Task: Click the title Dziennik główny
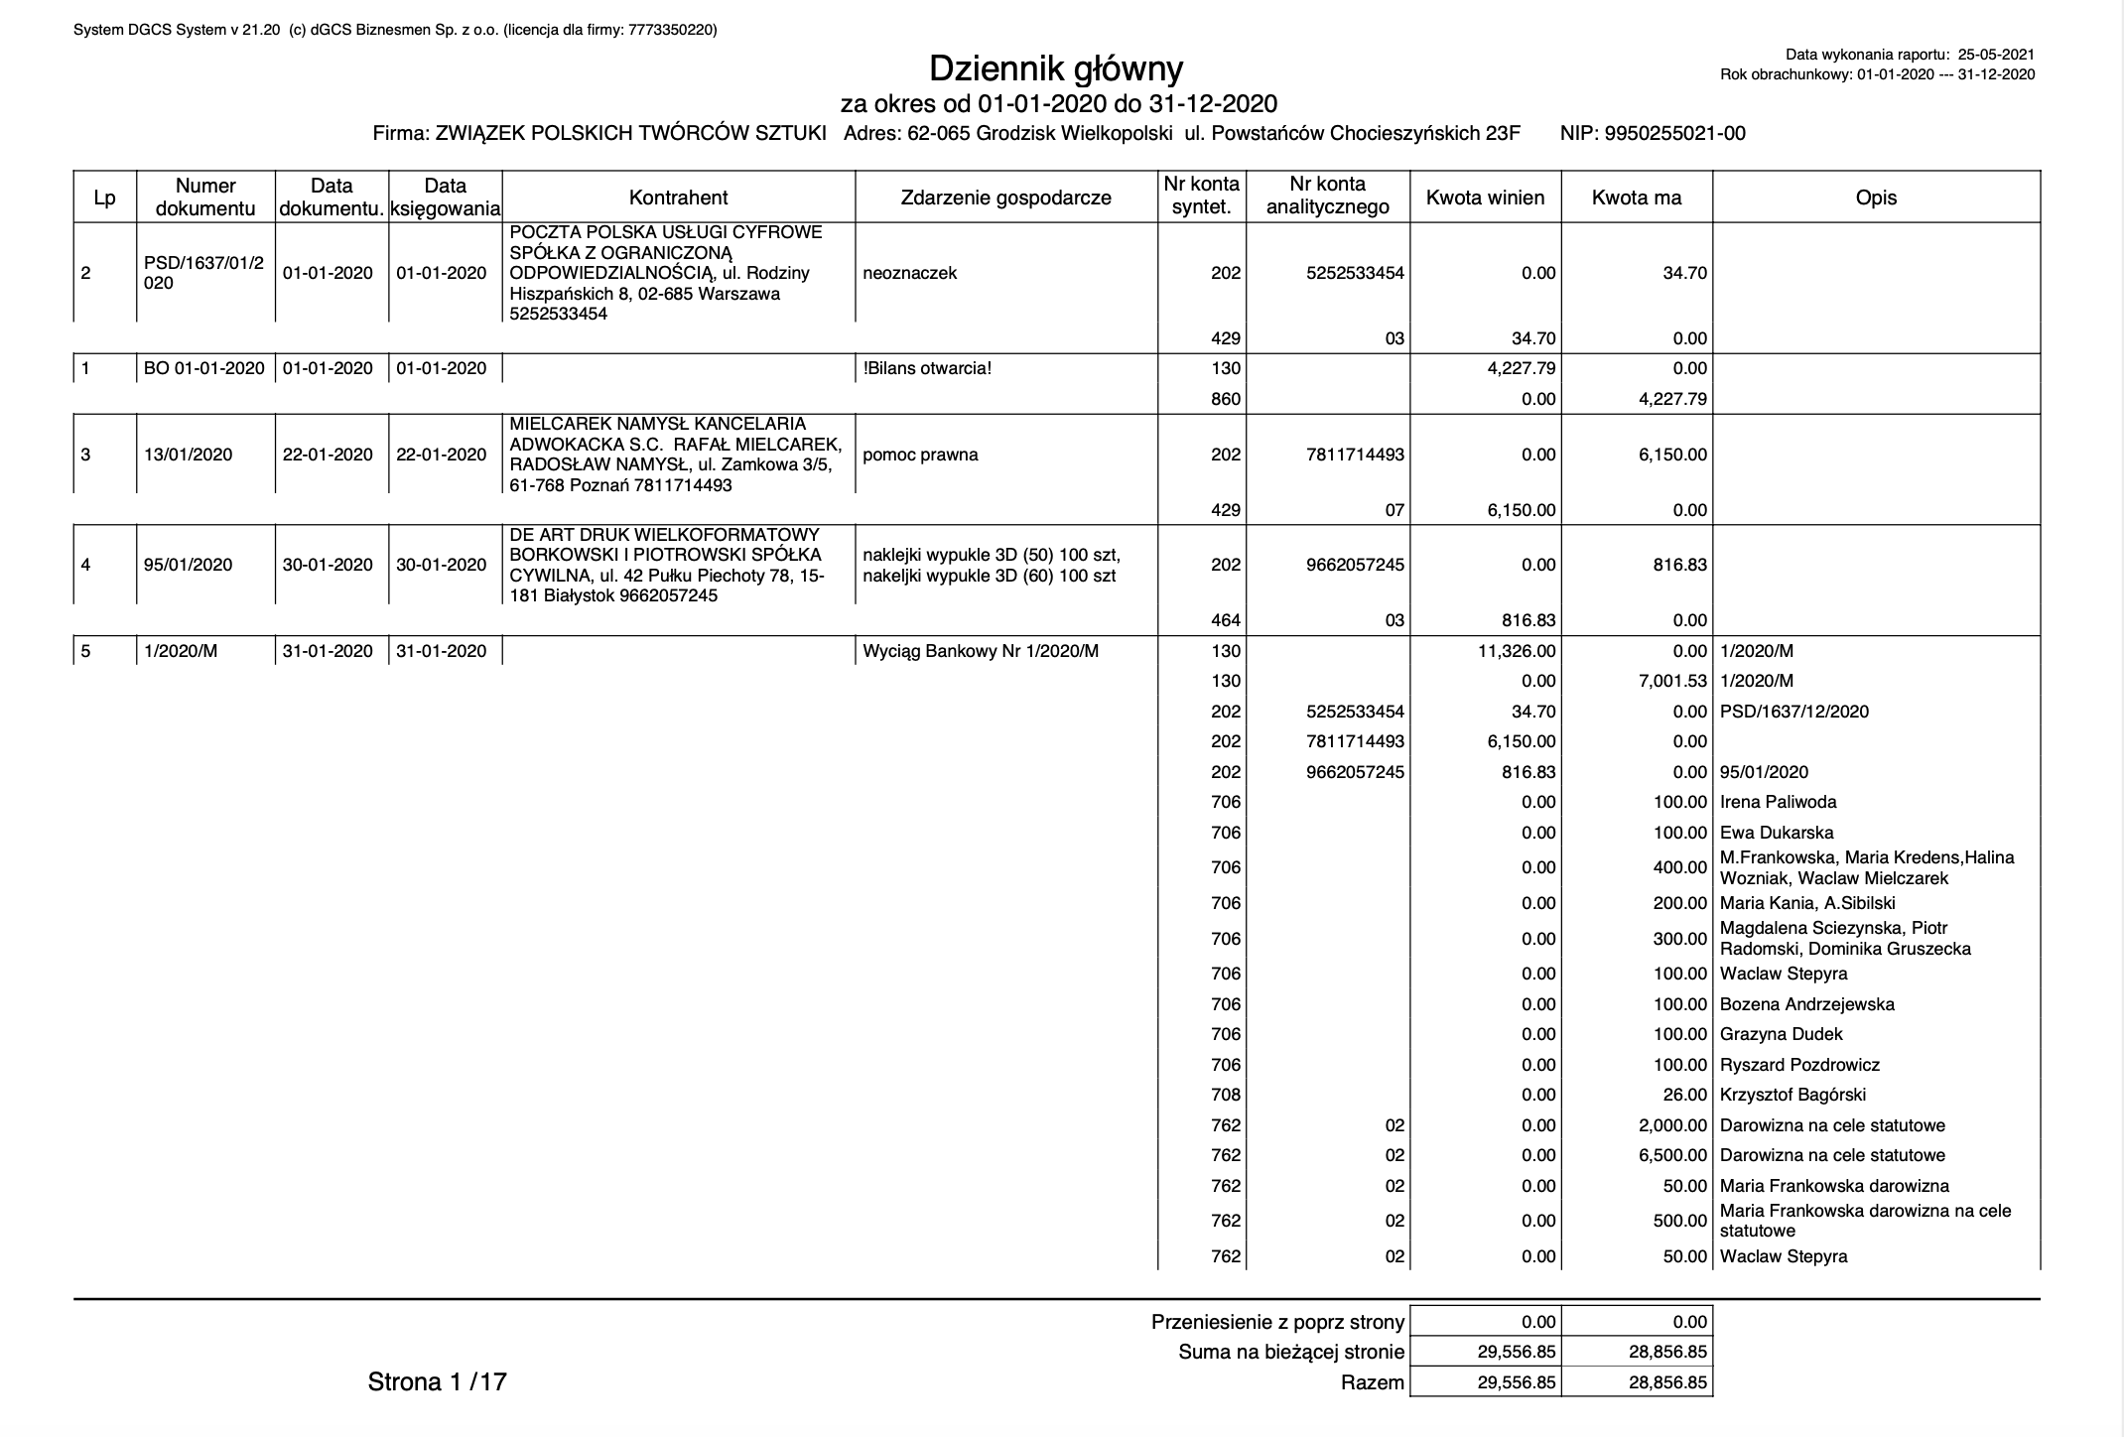(1056, 68)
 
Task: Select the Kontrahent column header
(678, 197)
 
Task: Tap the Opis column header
(1875, 197)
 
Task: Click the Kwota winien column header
(1485, 197)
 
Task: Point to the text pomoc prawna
(920, 455)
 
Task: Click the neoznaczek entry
(909, 273)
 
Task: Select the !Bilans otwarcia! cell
(927, 368)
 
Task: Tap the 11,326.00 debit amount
(1518, 651)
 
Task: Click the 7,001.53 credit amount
(1668, 681)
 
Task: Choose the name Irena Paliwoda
(1778, 802)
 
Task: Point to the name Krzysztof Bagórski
(1792, 1095)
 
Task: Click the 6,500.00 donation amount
(1668, 1155)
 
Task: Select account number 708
(1226, 1095)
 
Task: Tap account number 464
(1226, 620)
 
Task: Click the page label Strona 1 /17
(437, 1381)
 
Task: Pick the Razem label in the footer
(1372, 1382)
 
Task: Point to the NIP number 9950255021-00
(1674, 134)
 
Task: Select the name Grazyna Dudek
(1781, 1034)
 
